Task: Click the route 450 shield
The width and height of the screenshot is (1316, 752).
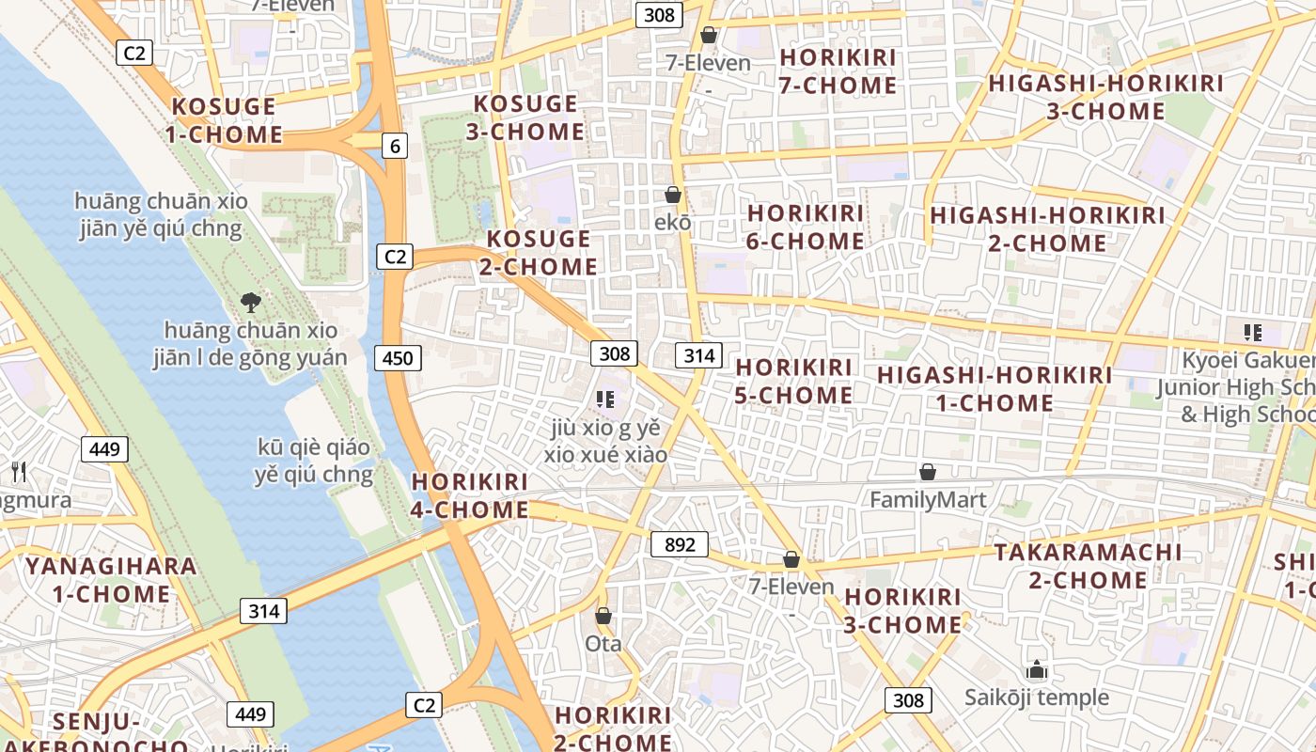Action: pyautogui.click(x=398, y=357)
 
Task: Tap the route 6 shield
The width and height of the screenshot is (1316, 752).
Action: pyautogui.click(x=395, y=146)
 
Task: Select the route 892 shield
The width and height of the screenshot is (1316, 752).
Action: pyautogui.click(x=679, y=544)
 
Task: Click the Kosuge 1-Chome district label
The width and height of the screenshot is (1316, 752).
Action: pyautogui.click(x=225, y=120)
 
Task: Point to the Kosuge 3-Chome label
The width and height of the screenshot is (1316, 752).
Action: pyautogui.click(x=525, y=117)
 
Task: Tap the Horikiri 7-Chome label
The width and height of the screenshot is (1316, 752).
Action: pyautogui.click(x=838, y=71)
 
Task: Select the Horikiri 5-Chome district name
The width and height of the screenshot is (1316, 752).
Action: pyautogui.click(x=794, y=381)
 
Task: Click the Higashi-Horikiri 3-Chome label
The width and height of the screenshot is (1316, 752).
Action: pyautogui.click(x=1106, y=97)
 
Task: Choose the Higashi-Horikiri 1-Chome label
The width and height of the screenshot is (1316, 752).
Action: pyautogui.click(x=995, y=389)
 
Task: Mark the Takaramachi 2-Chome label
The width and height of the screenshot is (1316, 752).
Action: pyautogui.click(x=1088, y=566)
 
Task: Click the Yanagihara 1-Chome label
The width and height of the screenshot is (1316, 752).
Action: pyautogui.click(x=111, y=580)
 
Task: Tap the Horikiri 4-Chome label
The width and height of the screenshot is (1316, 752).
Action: pyautogui.click(x=470, y=495)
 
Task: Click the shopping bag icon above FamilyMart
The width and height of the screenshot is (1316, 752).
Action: pyautogui.click(x=928, y=472)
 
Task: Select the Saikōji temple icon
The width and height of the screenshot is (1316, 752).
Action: pyautogui.click(x=1037, y=670)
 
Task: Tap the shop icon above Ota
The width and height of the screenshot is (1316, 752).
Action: pyautogui.click(x=603, y=617)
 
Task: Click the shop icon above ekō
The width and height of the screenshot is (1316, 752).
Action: pyautogui.click(x=673, y=196)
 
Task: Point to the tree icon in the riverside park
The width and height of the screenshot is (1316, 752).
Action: pyautogui.click(x=251, y=302)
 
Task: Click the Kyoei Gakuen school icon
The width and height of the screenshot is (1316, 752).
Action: pyautogui.click(x=1252, y=332)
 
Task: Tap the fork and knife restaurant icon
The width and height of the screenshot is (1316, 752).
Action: pyautogui.click(x=17, y=471)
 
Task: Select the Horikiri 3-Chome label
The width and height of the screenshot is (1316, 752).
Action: pyautogui.click(x=903, y=611)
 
